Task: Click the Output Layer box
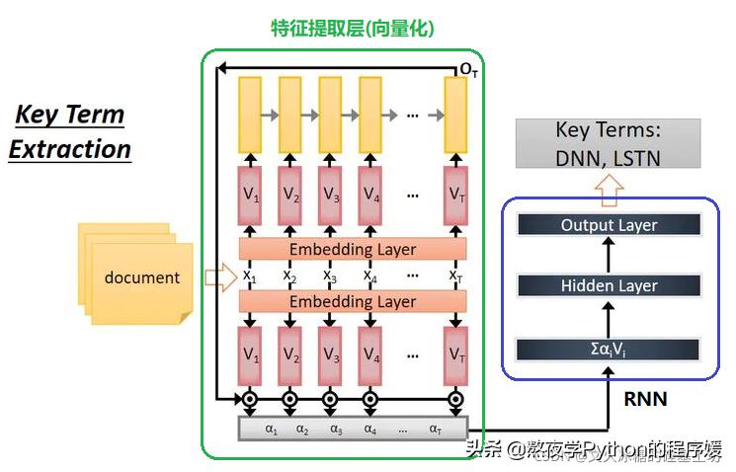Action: [x=609, y=225]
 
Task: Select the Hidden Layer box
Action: [x=609, y=286]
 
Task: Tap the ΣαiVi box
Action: [x=609, y=348]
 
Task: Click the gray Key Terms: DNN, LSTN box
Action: [x=608, y=144]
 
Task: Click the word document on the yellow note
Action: [x=142, y=277]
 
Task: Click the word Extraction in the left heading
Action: [x=70, y=149]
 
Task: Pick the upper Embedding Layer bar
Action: [x=353, y=249]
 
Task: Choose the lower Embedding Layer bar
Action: [x=353, y=301]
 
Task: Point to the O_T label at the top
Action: [x=468, y=70]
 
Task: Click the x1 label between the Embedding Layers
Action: [x=250, y=275]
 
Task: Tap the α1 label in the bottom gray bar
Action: [x=272, y=429]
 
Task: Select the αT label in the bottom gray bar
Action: [x=436, y=429]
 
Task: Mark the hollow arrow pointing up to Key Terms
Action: [x=609, y=188]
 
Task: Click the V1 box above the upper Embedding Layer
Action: [x=250, y=195]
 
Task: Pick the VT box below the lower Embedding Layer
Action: [x=455, y=354]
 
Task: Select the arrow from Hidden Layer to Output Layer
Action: [x=609, y=256]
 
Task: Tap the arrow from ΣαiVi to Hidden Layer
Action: [x=609, y=317]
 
